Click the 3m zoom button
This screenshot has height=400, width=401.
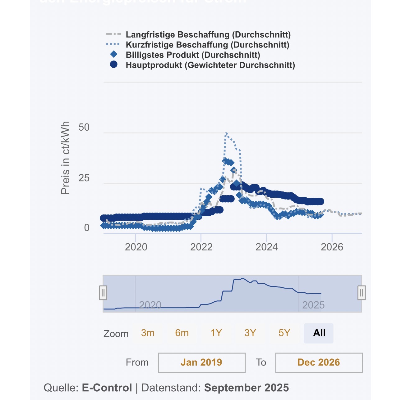tap(148, 333)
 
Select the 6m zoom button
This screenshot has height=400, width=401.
tap(182, 333)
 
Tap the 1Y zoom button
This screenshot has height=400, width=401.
tap(216, 333)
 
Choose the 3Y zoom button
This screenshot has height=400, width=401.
tap(250, 333)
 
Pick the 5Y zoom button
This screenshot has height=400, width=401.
tap(284, 333)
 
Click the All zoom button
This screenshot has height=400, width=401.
tap(319, 333)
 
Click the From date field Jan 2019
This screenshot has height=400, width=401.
tap(202, 362)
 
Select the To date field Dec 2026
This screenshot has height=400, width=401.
tap(319, 362)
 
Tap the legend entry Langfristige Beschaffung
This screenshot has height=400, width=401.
tap(208, 34)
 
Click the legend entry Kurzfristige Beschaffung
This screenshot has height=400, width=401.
tap(207, 45)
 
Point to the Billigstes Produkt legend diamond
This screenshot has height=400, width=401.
tap(114, 54)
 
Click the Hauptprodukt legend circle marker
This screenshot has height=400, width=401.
tap(114, 65)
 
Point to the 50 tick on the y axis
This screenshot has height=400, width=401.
tap(84, 127)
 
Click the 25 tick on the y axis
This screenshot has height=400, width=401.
tap(84, 178)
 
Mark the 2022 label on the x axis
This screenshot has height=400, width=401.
tap(201, 247)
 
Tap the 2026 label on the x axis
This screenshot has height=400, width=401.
tap(332, 247)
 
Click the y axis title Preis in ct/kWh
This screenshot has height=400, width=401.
tap(65, 158)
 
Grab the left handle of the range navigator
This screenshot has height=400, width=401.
tap(103, 293)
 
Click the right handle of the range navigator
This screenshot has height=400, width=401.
tap(362, 293)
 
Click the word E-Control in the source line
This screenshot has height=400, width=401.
tap(107, 388)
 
